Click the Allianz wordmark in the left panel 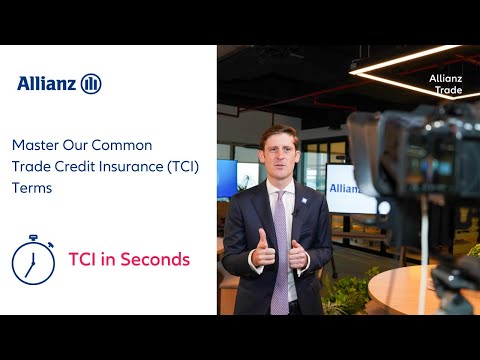tap(47, 83)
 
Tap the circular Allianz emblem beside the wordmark tap(91, 83)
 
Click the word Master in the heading tap(35, 145)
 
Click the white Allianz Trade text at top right tap(445, 83)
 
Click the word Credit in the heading tap(87, 165)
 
